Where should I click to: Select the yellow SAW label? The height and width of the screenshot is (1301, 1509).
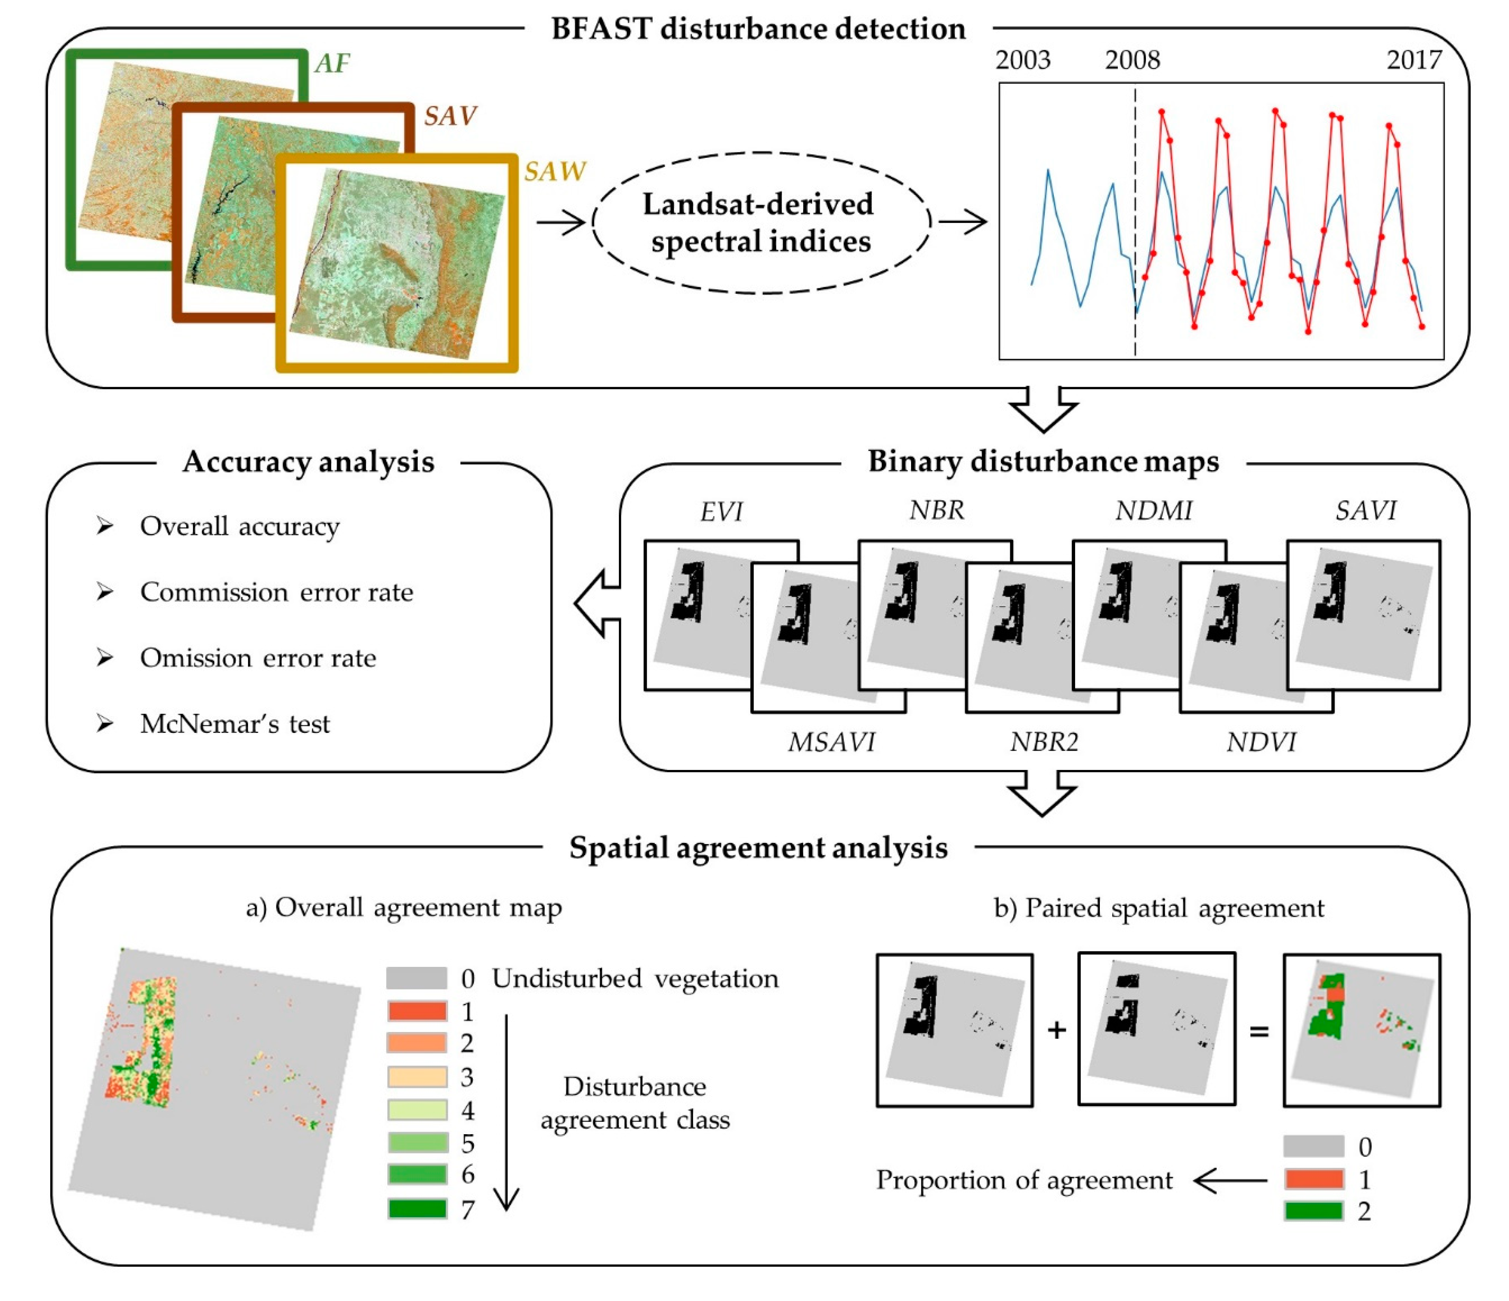(x=554, y=172)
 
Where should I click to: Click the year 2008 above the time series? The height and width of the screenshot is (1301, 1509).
(x=1132, y=60)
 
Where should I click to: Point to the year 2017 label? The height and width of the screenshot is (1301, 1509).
(x=1413, y=60)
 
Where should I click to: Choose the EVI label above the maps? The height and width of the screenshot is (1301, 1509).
(x=721, y=512)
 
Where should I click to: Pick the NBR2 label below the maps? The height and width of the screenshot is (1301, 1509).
(x=1044, y=742)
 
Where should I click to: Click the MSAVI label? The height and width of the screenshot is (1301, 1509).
(x=831, y=742)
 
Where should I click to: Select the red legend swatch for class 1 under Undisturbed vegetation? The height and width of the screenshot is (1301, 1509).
(x=417, y=1011)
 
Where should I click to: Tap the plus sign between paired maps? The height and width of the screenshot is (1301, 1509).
(x=1056, y=1030)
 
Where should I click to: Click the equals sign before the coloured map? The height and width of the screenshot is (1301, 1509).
(x=1259, y=1031)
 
